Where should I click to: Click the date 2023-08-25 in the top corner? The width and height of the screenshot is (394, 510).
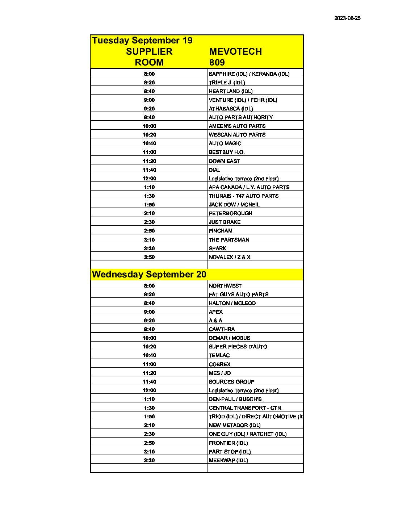tap(347, 18)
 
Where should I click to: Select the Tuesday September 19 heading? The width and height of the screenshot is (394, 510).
tap(142, 40)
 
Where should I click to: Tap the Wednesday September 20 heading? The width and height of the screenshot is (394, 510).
tap(149, 274)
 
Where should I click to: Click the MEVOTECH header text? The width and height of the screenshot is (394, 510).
tap(235, 51)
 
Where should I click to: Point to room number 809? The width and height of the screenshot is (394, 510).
tap(217, 62)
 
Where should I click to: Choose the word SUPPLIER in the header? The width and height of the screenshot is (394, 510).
tap(149, 51)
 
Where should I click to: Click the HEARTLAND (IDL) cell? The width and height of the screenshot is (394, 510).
tap(231, 91)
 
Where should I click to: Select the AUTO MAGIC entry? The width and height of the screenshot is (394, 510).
tap(225, 143)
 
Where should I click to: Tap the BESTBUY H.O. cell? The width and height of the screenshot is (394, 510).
tap(227, 152)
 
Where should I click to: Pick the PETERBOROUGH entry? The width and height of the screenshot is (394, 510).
tap(231, 213)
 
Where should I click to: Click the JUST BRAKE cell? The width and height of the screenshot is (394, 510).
tap(225, 222)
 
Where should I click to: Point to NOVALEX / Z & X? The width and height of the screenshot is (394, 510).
tap(230, 257)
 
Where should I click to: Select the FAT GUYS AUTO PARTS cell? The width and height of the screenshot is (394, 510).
tap(239, 294)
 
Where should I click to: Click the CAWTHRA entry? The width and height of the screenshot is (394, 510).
tap(222, 329)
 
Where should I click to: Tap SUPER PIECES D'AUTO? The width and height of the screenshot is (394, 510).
tap(238, 347)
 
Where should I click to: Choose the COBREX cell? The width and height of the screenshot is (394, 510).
tap(220, 364)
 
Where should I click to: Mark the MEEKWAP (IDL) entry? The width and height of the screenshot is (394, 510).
tap(229, 460)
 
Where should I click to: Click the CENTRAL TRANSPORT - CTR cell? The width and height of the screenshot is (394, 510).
tap(245, 408)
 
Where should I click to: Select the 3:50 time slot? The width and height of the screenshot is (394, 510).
tap(149, 257)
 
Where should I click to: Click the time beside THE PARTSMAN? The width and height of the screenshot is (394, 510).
tap(149, 240)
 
